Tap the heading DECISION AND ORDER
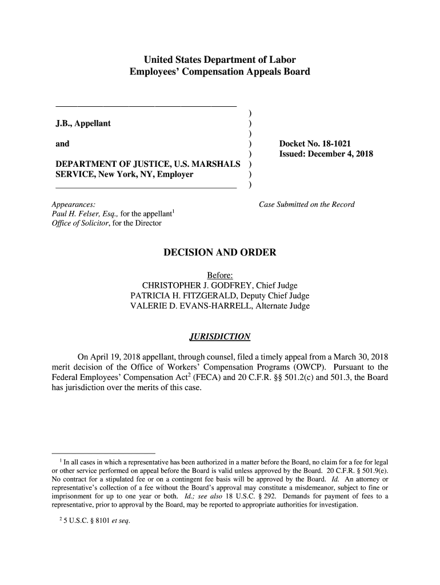pyautogui.click(x=220, y=253)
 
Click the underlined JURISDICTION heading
pyautogui.click(x=219, y=336)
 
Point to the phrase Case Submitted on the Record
pyautogui.click(x=307, y=205)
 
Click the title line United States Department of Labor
pyautogui.click(x=219, y=60)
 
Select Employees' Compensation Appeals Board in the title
pyautogui.click(x=219, y=72)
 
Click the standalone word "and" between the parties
pyautogui.click(x=62, y=144)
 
